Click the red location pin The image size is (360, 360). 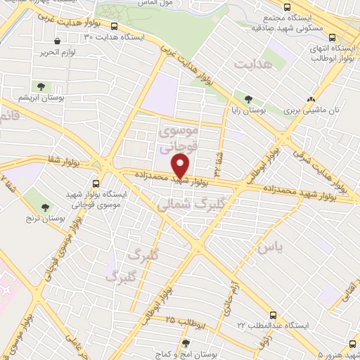[181, 167]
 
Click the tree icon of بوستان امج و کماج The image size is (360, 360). [186, 343]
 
